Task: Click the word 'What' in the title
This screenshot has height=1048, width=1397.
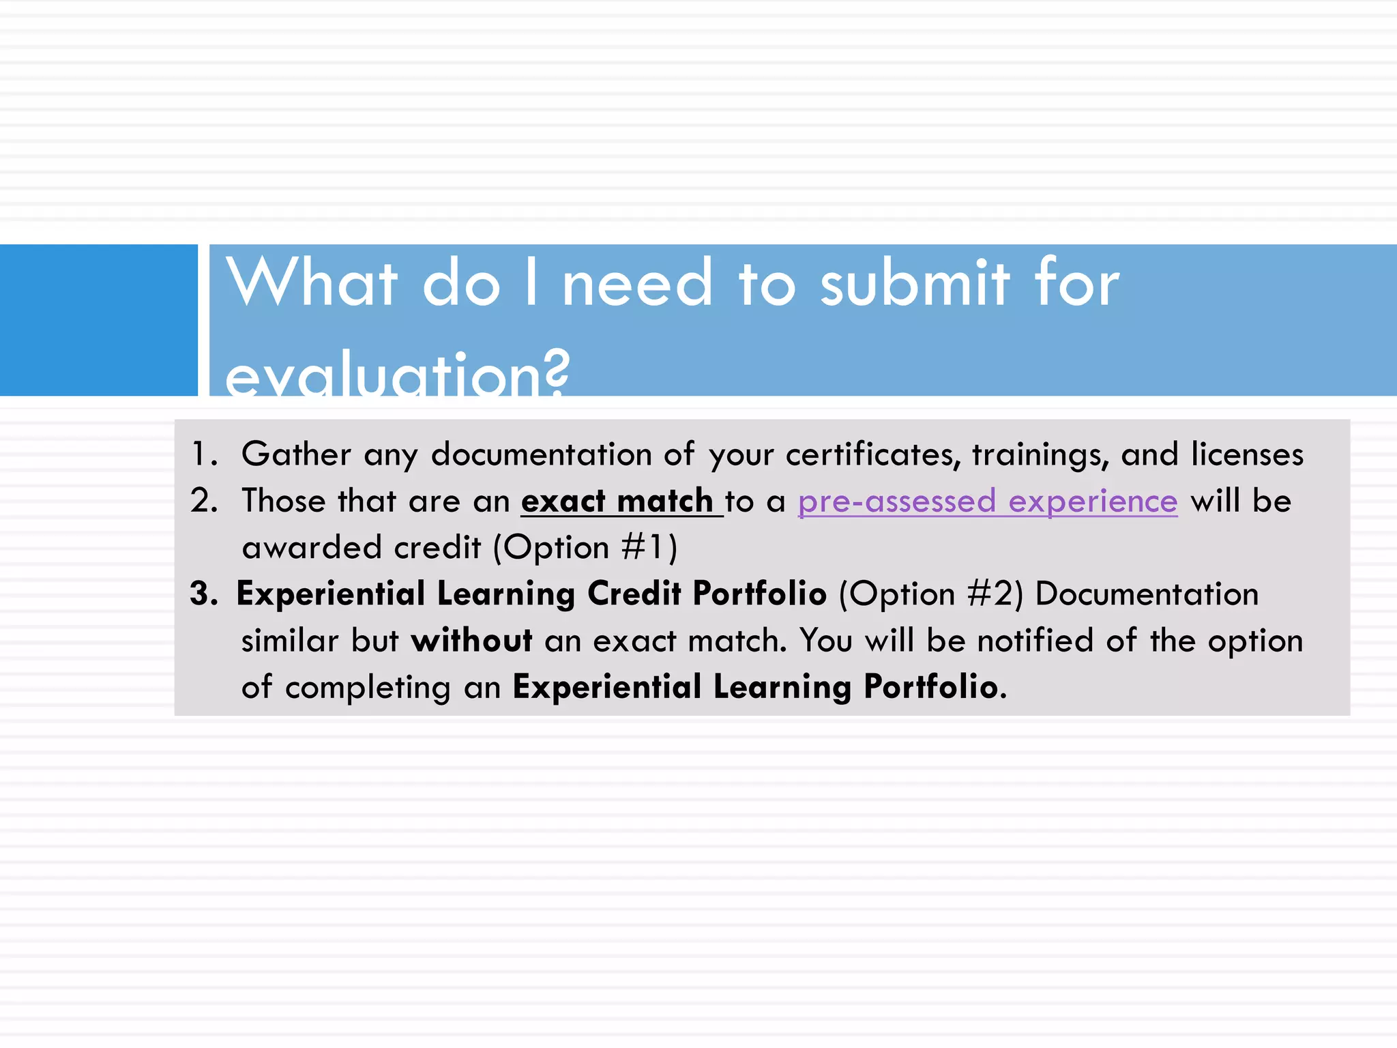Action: pyautogui.click(x=312, y=283)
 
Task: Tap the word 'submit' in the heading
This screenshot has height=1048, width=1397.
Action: pyautogui.click(x=914, y=283)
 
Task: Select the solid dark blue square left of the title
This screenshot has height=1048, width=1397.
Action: pyautogui.click(x=98, y=319)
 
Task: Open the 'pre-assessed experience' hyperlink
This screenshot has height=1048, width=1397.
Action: pyautogui.click(x=987, y=501)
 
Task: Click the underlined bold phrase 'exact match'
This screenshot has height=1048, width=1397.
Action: pyautogui.click(x=617, y=501)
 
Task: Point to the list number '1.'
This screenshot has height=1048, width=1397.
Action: pyautogui.click(x=204, y=454)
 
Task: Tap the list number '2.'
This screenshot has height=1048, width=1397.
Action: pyautogui.click(x=204, y=501)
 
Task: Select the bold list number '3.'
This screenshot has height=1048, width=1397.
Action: pyautogui.click(x=204, y=594)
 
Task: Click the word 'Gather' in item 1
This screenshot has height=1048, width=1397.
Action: pyautogui.click(x=296, y=454)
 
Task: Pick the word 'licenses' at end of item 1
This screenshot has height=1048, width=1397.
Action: pyautogui.click(x=1247, y=454)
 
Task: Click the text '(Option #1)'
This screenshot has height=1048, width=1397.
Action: pyautogui.click(x=585, y=548)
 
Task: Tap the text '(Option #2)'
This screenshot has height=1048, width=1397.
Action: pyautogui.click(x=931, y=594)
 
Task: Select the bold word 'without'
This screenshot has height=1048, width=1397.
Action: pyautogui.click(x=471, y=641)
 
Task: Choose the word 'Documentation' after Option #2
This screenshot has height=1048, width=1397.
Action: pyautogui.click(x=1146, y=594)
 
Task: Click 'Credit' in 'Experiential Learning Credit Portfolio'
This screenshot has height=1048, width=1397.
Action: pyautogui.click(x=634, y=594)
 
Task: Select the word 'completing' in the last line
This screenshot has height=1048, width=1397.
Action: pyautogui.click(x=368, y=687)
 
